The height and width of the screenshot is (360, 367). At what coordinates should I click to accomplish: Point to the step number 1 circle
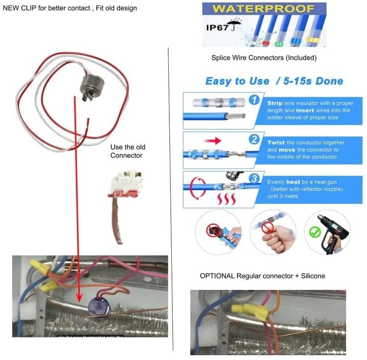253,99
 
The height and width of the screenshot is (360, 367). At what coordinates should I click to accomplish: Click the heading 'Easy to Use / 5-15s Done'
274,80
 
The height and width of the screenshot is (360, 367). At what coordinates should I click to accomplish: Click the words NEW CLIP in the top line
18,8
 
